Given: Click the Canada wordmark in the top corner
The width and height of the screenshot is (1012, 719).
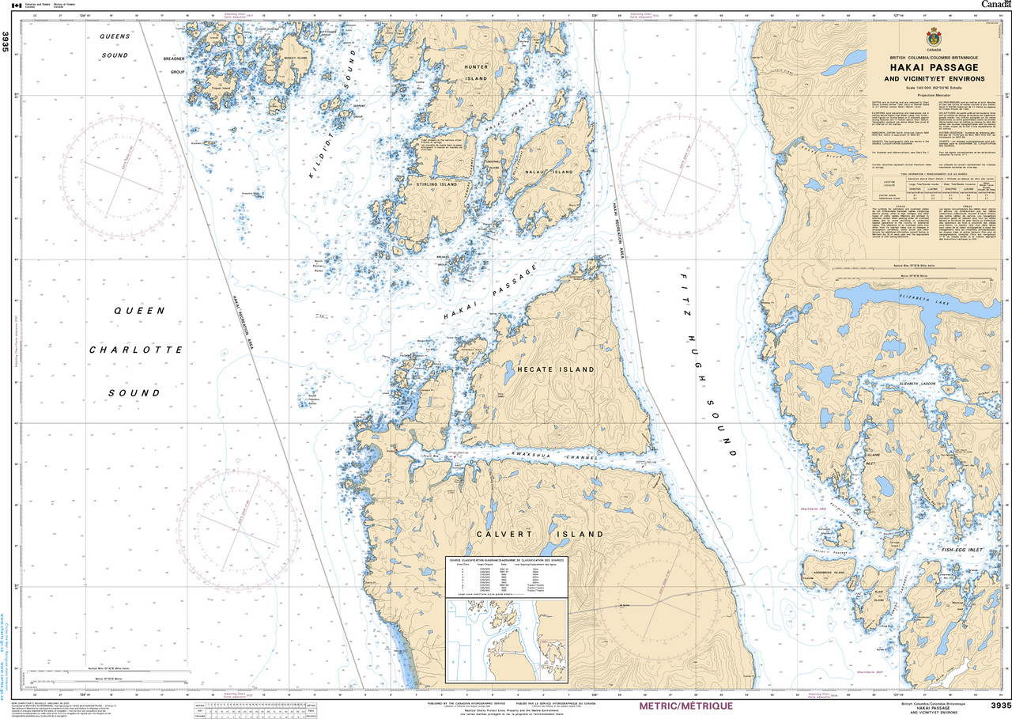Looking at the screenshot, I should click(995, 5).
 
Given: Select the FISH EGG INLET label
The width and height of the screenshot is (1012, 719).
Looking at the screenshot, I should click(961, 549).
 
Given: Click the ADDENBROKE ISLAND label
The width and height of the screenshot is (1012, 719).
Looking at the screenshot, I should click(825, 572).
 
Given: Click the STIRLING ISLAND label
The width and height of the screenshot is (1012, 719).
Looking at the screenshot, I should click(436, 184).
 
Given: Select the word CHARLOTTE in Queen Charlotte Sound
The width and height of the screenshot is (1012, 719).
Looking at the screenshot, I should click(136, 350).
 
